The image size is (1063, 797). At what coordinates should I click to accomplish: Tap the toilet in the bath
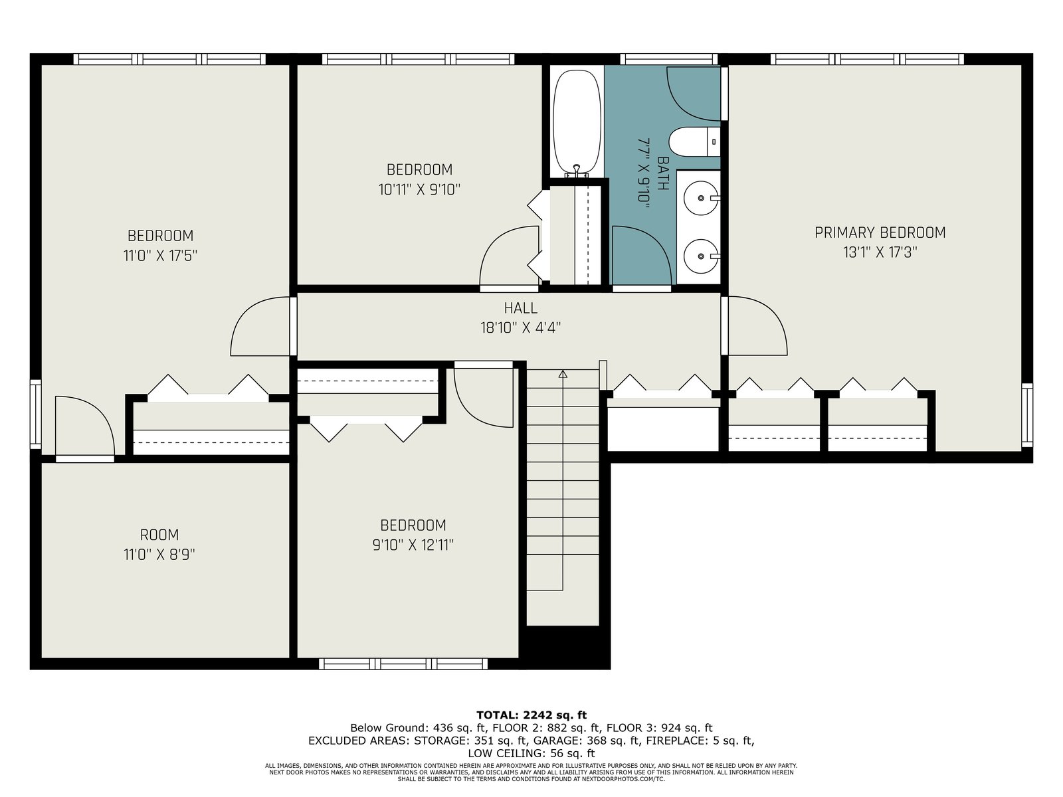(x=694, y=141)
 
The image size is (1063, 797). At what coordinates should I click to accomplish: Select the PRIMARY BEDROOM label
(x=880, y=232)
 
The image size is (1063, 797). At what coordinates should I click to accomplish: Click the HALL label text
(x=521, y=308)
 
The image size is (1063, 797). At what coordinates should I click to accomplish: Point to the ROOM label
(x=159, y=535)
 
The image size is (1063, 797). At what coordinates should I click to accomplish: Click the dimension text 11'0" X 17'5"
(x=160, y=255)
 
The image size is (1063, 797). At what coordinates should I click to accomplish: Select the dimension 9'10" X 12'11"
(x=413, y=545)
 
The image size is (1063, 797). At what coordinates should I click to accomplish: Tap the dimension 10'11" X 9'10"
(x=419, y=189)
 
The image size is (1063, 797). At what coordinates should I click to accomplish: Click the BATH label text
(x=663, y=173)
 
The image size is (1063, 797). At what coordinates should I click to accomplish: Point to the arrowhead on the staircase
(x=563, y=374)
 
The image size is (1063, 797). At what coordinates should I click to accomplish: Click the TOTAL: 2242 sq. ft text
(x=531, y=715)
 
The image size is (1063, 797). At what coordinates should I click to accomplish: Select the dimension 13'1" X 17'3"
(x=880, y=252)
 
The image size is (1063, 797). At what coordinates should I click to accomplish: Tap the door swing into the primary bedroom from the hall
(x=757, y=325)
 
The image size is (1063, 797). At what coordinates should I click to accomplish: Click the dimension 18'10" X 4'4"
(x=521, y=327)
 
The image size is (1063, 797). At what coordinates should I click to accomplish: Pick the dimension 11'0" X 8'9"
(x=159, y=554)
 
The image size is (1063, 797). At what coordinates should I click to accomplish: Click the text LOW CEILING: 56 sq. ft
(x=531, y=753)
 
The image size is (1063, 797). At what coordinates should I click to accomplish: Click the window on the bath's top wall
(x=669, y=59)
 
